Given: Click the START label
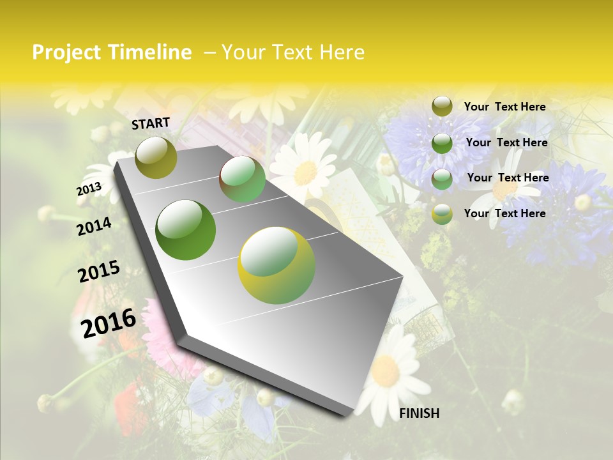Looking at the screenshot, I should [151, 123].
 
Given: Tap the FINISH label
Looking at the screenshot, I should [419, 413].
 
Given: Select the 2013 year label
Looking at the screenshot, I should [89, 189].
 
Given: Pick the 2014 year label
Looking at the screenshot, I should [94, 227].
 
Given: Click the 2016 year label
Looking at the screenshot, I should [109, 323].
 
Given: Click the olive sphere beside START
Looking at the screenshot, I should [156, 157].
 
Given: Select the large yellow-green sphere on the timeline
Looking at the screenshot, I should [276, 265].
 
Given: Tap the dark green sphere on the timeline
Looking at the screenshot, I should [186, 230].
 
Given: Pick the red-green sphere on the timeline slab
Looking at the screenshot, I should [243, 180].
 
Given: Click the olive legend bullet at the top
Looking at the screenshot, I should [442, 107].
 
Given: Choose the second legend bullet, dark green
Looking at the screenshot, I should [442, 143].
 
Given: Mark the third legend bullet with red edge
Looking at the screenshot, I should [442, 178].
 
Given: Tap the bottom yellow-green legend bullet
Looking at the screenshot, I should [442, 214].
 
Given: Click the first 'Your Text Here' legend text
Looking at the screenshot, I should [504, 107].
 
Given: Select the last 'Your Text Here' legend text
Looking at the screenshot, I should [504, 213].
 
